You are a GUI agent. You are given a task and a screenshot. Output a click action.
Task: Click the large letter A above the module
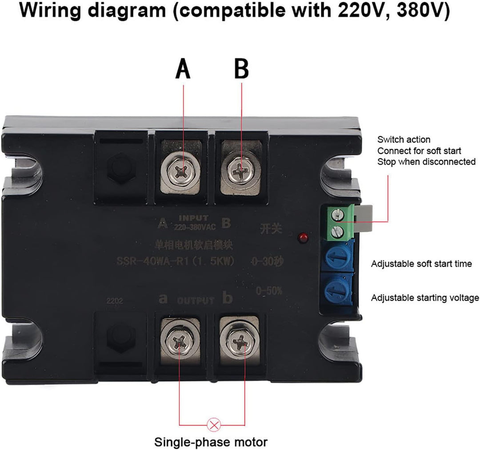[183, 69]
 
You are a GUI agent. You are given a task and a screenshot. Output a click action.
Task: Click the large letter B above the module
[241, 69]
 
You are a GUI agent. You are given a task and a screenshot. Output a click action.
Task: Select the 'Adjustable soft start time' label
[421, 264]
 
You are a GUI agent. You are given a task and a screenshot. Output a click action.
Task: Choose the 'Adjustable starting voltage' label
[425, 298]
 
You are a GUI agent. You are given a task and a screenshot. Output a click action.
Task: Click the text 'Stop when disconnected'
[426, 162]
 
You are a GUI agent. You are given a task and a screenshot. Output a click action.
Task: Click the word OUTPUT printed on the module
[196, 301]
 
